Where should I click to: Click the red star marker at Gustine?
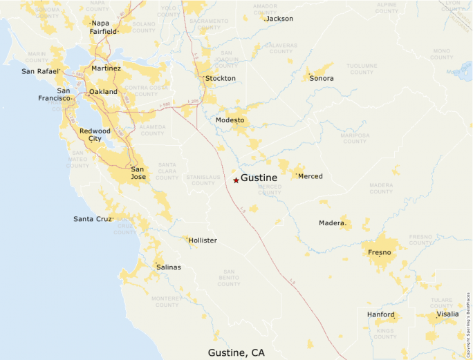tap(236, 180)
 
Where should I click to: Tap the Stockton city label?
tap(220, 79)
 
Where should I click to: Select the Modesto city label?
tap(230, 120)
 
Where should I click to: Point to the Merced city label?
tap(310, 176)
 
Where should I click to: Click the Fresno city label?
tap(380, 252)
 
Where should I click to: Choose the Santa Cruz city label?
tap(93, 219)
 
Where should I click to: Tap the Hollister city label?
tap(202, 240)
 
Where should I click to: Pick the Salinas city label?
tap(169, 267)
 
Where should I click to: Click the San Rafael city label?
tap(41, 71)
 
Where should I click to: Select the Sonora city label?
tap(321, 79)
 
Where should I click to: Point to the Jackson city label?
tap(279, 19)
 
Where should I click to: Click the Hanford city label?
tap(381, 314)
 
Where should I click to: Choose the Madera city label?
tap(331, 222)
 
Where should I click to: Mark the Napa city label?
tap(100, 23)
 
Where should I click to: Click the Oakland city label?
tap(103, 92)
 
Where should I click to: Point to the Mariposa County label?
tap(355, 138)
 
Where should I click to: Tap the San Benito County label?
tap(229, 277)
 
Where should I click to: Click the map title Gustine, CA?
tap(236, 352)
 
